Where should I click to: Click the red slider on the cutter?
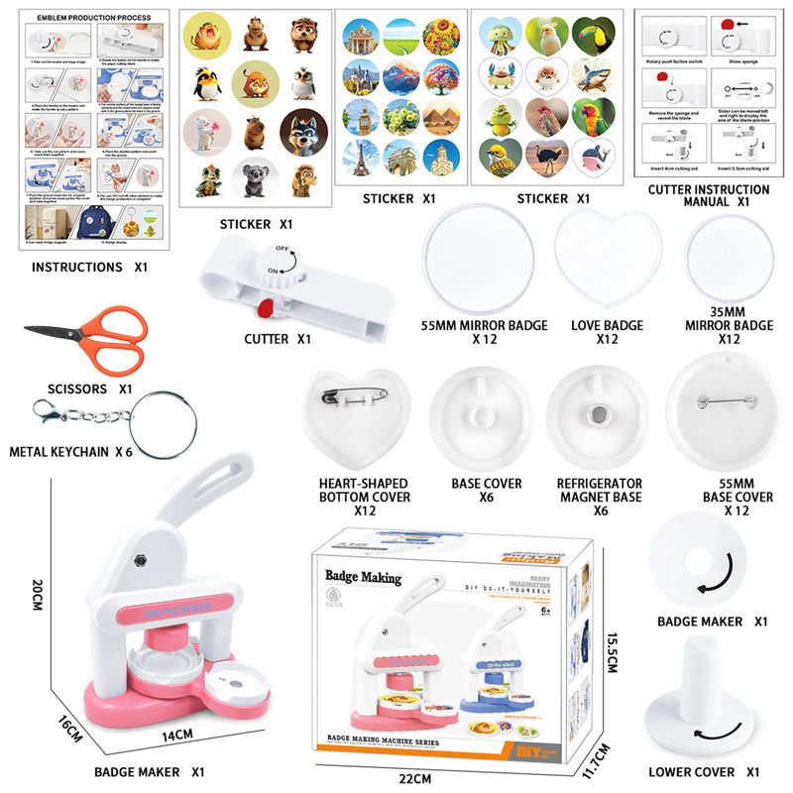(x=265, y=308)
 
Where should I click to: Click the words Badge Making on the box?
(x=363, y=577)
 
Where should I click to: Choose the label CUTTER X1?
(x=278, y=339)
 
